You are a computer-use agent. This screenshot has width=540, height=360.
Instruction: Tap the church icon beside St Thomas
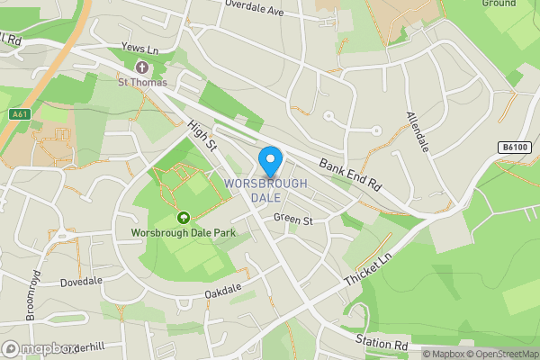coord(141,67)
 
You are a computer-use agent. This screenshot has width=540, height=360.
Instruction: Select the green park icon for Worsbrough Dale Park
coord(184,217)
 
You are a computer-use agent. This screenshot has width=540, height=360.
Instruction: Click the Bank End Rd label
coord(350,175)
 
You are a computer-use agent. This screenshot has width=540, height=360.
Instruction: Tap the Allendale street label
coord(417,131)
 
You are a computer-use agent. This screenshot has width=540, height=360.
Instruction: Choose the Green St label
coord(293,219)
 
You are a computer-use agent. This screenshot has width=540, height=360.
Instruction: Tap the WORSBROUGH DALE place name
coord(265,190)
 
